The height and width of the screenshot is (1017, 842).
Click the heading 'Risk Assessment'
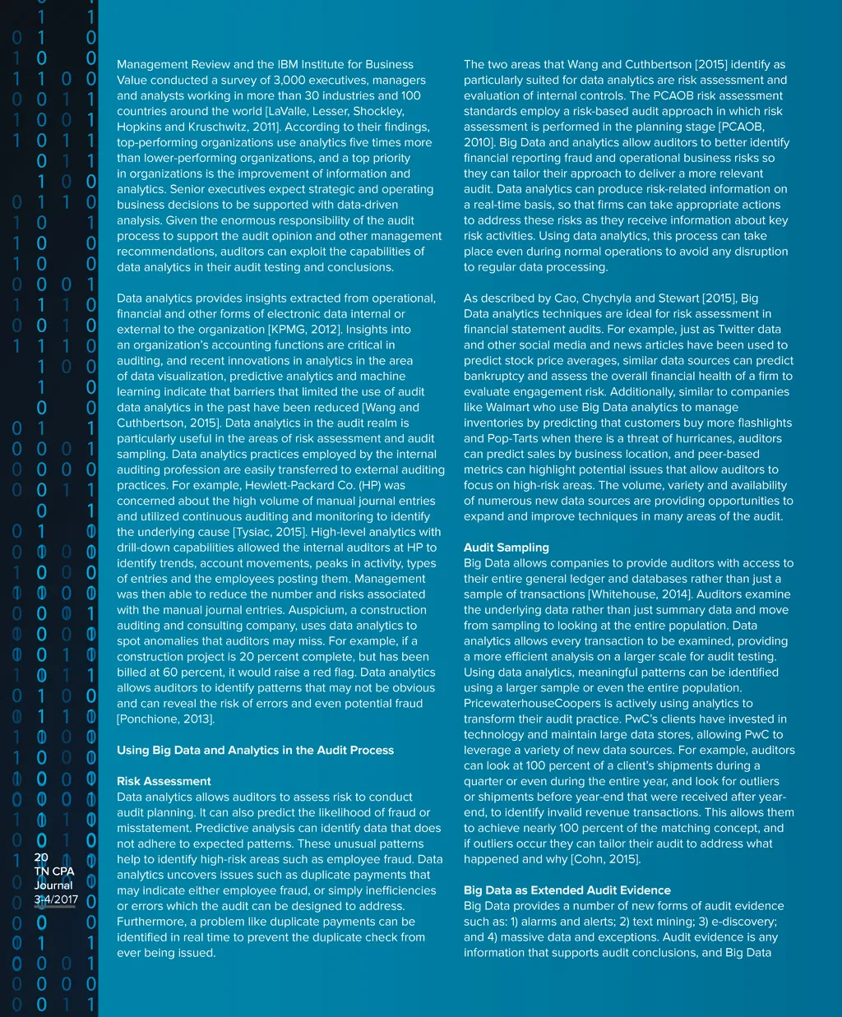[x=164, y=781]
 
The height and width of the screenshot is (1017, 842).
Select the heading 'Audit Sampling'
[x=506, y=548]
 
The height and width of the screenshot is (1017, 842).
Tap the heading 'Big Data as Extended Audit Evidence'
[x=567, y=890]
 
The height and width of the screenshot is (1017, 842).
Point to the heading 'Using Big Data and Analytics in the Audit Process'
[x=255, y=750]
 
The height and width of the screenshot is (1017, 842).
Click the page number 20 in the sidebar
[x=41, y=858]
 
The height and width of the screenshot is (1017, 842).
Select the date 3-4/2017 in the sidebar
[x=54, y=899]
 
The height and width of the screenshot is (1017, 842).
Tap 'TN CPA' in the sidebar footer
[x=53, y=871]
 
